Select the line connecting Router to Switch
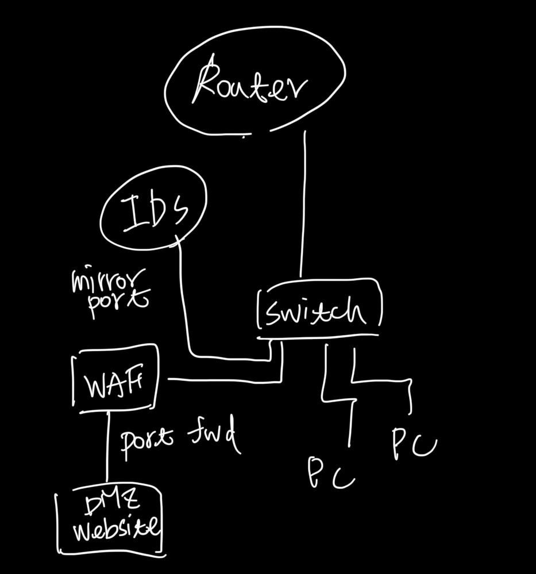pos(303,201)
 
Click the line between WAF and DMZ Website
pos(107,448)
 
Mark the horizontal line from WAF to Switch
pos(224,379)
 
